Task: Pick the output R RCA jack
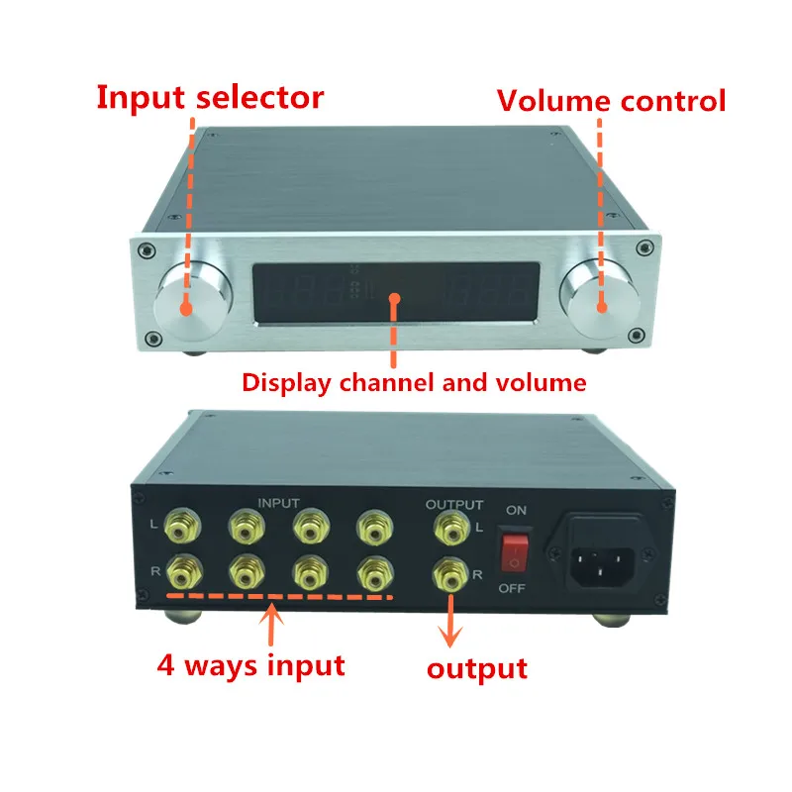click(448, 572)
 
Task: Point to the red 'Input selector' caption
click(209, 98)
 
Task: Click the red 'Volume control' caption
click(611, 101)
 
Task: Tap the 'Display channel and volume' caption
click(415, 381)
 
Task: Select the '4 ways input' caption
click(250, 663)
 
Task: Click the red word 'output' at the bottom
click(476, 668)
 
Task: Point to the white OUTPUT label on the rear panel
click(454, 504)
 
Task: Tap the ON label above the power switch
click(517, 511)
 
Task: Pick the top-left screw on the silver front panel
click(146, 248)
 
